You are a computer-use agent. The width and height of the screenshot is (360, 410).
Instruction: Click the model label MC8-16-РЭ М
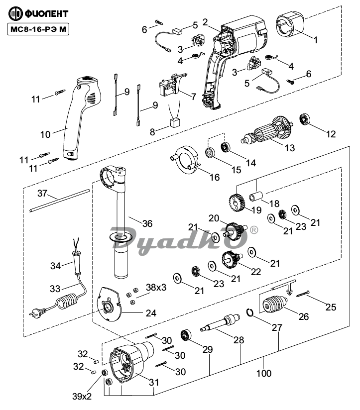38,29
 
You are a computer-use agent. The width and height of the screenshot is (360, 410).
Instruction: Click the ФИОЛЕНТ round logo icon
15,13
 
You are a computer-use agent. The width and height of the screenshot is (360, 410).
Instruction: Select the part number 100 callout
264,373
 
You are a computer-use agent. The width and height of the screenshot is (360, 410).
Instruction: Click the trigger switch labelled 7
172,84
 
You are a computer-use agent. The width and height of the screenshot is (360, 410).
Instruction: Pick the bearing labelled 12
305,119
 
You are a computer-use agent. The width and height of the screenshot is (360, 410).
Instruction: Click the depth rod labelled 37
59,201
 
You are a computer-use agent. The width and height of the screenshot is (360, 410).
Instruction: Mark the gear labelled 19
237,203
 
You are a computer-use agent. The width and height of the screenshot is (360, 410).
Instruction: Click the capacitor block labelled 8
175,122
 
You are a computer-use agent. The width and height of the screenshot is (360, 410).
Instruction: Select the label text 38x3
156,288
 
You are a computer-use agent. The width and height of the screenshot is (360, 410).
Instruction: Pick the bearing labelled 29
186,336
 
